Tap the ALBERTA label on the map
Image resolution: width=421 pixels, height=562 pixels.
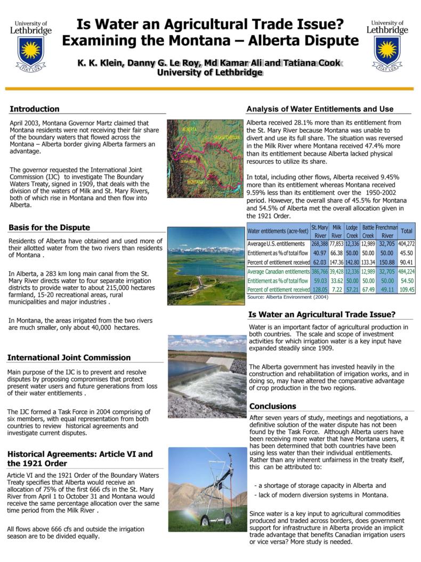[x=189, y=130]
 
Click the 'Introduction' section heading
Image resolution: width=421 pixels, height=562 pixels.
[x=34, y=109]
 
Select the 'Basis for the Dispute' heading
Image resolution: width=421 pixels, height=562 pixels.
[x=49, y=227]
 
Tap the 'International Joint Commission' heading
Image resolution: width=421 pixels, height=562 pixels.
[x=69, y=358]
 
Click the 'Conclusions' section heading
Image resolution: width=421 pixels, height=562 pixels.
[x=272, y=406]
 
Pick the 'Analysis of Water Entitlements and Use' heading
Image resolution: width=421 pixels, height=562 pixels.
[x=320, y=109]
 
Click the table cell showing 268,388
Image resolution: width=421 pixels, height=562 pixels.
[x=319, y=243]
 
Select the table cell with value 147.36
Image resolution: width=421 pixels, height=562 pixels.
[x=336, y=262]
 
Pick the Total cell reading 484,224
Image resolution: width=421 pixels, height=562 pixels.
[x=407, y=272]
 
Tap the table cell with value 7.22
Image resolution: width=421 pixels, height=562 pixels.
[x=336, y=290]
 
